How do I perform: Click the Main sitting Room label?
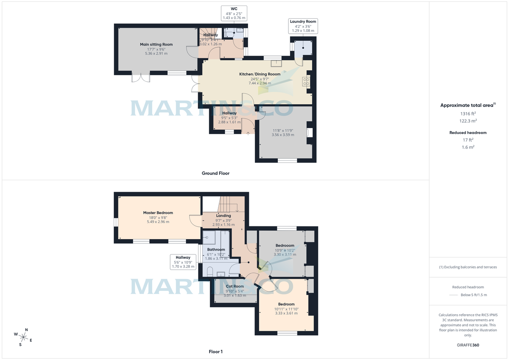pos(156,45)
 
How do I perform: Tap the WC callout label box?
pos(234,13)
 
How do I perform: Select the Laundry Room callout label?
pos(303,26)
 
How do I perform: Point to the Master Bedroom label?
pos(158,213)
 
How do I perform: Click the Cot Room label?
pos(235,286)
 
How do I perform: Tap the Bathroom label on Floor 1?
pos(216,250)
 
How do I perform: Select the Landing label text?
pos(223,216)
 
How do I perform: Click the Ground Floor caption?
pos(215,173)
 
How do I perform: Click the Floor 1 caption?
pos(215,352)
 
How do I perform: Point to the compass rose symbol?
pos(23,337)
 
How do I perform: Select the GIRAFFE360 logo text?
pos(468,345)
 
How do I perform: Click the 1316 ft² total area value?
pos(468,114)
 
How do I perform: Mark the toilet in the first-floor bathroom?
pos(209,271)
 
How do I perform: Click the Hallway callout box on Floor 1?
pos(184,262)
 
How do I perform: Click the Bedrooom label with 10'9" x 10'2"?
pos(285,246)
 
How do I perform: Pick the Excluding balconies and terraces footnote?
pos(468,267)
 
